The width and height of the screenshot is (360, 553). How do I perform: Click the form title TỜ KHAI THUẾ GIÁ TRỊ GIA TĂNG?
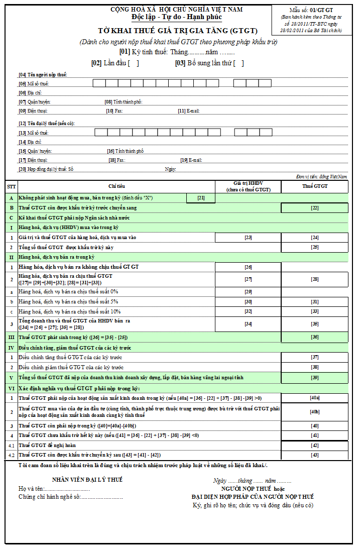[x=178, y=31]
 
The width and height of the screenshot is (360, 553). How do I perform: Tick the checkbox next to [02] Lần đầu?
[x=134, y=63]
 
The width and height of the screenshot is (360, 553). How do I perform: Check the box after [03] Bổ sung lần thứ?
[x=239, y=63]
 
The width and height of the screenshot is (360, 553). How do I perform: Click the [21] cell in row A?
[x=201, y=198]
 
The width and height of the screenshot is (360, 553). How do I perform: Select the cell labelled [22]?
[x=314, y=207]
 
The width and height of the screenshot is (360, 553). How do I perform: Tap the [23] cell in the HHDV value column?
[x=248, y=237]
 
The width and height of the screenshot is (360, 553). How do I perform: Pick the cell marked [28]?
[x=314, y=279]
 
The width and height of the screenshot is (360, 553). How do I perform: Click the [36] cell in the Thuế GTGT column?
[x=314, y=337]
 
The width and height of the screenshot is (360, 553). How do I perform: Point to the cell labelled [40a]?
[x=314, y=398]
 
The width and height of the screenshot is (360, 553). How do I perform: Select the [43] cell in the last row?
[x=314, y=455]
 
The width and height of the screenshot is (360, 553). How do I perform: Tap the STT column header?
[x=11, y=186]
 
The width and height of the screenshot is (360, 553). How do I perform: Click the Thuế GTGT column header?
[x=314, y=186]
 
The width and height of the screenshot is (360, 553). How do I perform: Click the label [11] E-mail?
[x=189, y=111]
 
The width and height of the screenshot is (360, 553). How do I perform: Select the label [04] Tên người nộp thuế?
[x=43, y=75]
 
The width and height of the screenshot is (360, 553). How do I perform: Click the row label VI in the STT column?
[x=11, y=388]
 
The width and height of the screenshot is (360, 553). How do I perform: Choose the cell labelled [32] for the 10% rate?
[x=248, y=311]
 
